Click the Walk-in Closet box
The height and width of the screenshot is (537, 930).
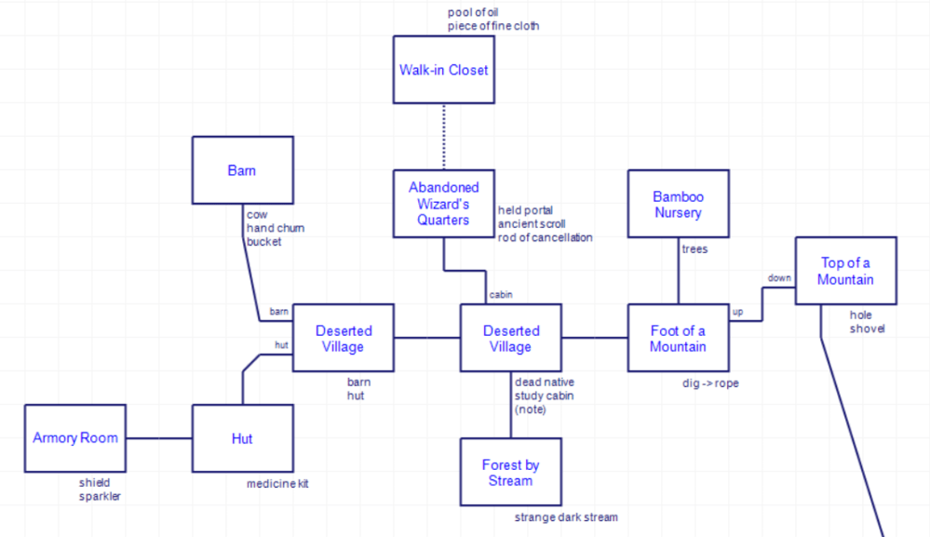tap(443, 70)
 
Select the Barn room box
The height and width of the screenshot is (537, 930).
tap(242, 170)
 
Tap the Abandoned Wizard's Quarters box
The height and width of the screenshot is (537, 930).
tap(443, 204)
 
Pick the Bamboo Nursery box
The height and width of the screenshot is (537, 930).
tap(678, 204)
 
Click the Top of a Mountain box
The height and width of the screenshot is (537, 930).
tap(845, 271)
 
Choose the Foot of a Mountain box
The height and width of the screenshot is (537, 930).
tap(678, 338)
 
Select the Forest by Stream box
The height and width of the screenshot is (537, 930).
tap(510, 472)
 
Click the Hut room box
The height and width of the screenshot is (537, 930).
tap(242, 438)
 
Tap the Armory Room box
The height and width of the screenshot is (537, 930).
tap(75, 438)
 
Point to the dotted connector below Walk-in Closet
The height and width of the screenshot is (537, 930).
tap(443, 137)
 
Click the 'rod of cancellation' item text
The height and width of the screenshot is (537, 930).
tap(545, 237)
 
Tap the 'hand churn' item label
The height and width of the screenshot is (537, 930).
tap(276, 228)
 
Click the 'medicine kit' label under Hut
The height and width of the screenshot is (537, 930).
tap(277, 484)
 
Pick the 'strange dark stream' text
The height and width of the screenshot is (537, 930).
tap(566, 517)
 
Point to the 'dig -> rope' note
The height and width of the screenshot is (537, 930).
tap(710, 383)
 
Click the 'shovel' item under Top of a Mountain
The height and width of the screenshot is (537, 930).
tap(867, 329)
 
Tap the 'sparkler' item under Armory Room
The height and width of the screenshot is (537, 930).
tap(101, 496)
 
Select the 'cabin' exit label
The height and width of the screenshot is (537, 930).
tap(501, 295)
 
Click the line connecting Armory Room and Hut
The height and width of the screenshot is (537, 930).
tap(159, 438)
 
